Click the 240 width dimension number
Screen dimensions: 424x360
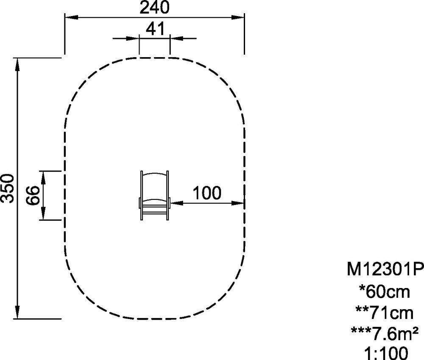(x=154, y=7)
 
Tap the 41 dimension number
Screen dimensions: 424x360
(x=155, y=29)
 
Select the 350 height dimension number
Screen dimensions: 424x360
(x=7, y=188)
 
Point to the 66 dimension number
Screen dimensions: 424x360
(x=33, y=196)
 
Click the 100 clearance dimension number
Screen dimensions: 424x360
(x=207, y=193)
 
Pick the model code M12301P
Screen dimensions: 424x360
(x=385, y=269)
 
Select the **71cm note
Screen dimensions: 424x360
(x=384, y=313)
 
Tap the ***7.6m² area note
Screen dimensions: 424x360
(x=385, y=334)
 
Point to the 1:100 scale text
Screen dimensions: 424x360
(x=385, y=353)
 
